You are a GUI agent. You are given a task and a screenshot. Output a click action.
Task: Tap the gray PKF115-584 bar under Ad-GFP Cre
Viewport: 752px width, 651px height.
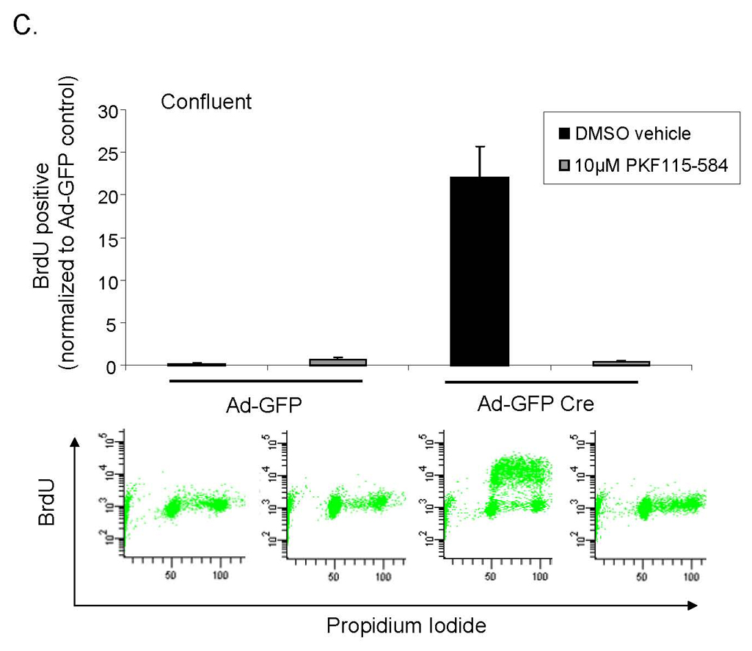click(x=621, y=363)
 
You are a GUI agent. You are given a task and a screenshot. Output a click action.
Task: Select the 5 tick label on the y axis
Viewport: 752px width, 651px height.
click(x=112, y=323)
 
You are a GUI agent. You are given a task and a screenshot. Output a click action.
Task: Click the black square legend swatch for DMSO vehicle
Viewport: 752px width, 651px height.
click(x=565, y=134)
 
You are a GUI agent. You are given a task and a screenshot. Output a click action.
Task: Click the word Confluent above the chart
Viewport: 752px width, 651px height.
click(x=206, y=101)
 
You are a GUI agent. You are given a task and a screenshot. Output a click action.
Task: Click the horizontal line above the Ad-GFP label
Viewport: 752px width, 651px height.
click(x=266, y=381)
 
